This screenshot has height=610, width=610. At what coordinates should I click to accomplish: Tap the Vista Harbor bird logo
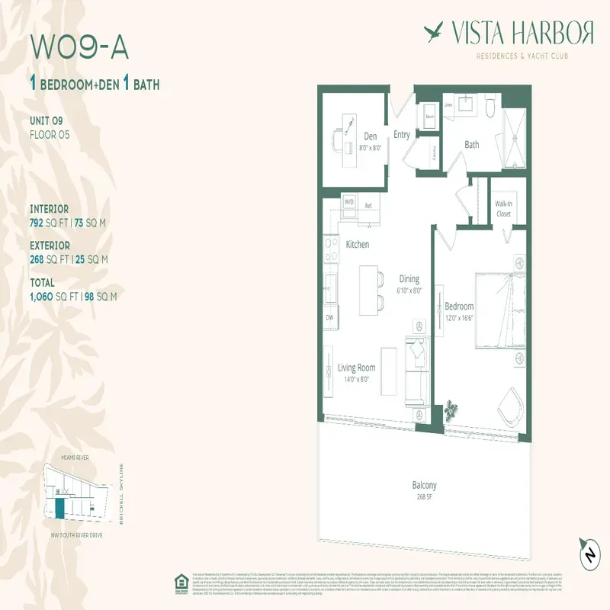coord(435,32)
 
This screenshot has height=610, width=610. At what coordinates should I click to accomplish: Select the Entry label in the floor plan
coord(401,135)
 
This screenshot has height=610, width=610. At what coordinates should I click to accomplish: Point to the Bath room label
coord(472,144)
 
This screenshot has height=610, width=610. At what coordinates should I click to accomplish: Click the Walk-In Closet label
coord(503,209)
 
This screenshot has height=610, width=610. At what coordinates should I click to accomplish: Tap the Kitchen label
coord(358,245)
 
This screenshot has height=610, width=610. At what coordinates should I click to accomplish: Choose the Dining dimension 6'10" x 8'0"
coord(409,291)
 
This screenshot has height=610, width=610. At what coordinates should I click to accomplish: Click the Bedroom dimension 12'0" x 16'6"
coord(459,318)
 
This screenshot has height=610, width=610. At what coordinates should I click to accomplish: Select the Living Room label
coord(357,368)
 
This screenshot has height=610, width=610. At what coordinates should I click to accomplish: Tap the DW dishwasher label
coord(330,316)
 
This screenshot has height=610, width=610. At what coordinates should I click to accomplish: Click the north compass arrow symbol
coord(588,553)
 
